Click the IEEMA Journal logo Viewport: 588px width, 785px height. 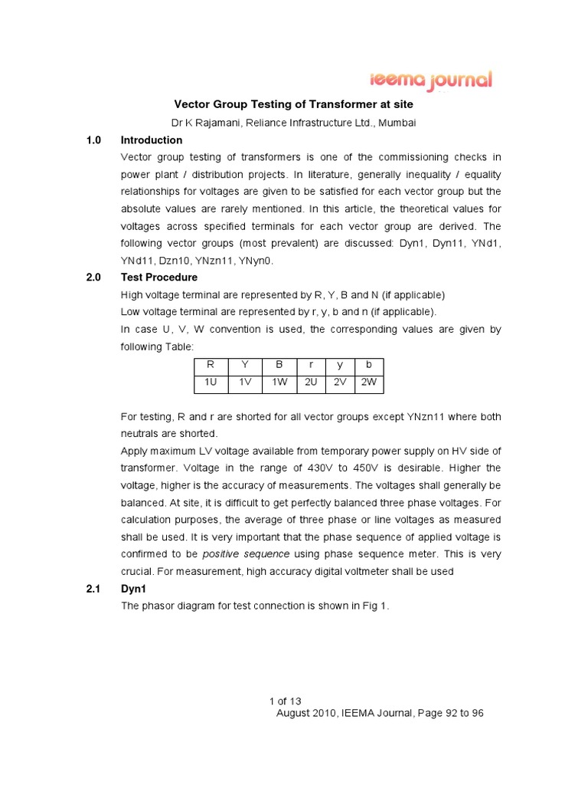coord(432,81)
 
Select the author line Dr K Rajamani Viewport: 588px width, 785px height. coord(295,123)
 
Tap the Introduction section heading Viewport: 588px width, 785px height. coord(152,140)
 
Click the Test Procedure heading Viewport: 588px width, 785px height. coord(159,278)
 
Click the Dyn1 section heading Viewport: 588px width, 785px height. coord(133,589)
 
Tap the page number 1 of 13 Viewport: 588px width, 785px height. coord(286,701)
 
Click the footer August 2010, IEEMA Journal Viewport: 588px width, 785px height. coord(379,713)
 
